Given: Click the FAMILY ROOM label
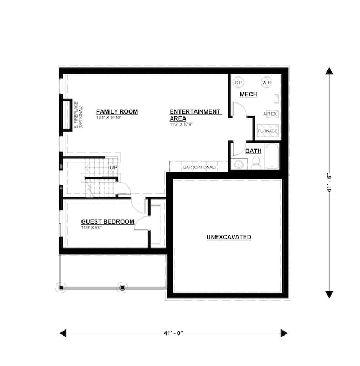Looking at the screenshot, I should (117, 111).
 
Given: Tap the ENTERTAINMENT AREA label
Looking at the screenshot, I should (195, 115).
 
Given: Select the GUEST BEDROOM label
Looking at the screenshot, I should (107, 221).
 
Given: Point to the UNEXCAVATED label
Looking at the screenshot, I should (229, 237).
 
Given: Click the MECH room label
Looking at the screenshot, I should (248, 95).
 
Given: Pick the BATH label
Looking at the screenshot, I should (253, 151).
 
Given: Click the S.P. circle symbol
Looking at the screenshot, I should (239, 82).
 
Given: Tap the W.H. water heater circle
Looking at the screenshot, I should (266, 82).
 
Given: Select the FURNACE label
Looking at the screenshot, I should (268, 131).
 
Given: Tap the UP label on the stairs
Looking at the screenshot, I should (114, 167).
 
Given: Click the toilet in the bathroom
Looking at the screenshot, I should (256, 162).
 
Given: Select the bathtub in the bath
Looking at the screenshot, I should (272, 157).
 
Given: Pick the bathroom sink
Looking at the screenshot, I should (239, 164).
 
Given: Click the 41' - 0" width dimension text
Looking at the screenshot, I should (173, 333).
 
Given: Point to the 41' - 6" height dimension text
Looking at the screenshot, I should (329, 182).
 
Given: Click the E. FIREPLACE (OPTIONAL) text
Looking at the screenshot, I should (78, 116).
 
